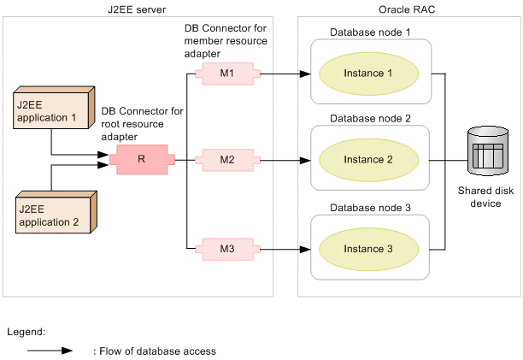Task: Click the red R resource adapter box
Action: tap(142, 159)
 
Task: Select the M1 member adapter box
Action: tap(226, 74)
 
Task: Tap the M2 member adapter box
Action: tap(226, 159)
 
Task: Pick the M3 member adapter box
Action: tap(226, 249)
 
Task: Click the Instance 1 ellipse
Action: tap(368, 74)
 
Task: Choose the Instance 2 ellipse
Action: tap(368, 160)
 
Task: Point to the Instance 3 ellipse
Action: tap(368, 249)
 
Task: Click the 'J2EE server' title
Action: tap(138, 10)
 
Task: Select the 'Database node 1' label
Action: tap(370, 32)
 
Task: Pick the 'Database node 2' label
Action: tap(370, 118)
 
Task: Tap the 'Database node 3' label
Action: tap(370, 208)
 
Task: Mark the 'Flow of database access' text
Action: tap(154, 351)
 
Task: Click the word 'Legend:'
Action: tap(26, 331)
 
